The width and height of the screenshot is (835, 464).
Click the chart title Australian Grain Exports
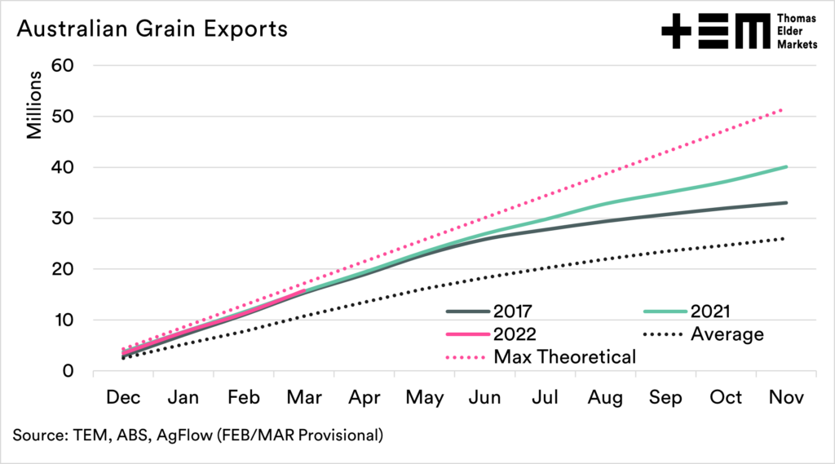point(152,29)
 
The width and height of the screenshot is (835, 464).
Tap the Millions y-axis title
point(35,106)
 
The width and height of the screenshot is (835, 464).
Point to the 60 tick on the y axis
point(63,65)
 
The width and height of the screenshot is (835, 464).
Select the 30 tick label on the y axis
point(63,219)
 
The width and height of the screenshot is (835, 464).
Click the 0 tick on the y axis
point(68,371)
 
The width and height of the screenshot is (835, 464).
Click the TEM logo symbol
point(714,33)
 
